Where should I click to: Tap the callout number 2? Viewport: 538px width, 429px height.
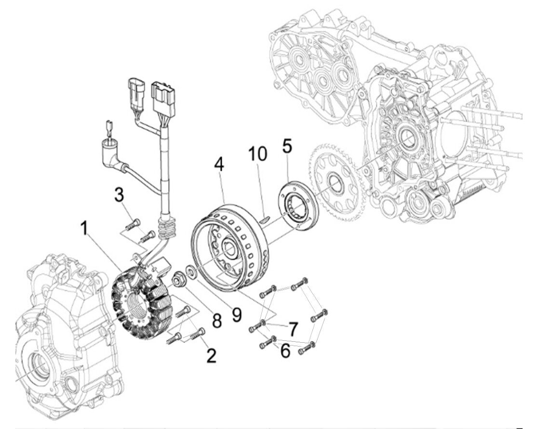tap(210, 355)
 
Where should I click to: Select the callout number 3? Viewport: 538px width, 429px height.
tap(119, 196)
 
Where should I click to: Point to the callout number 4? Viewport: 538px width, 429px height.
tap(219, 164)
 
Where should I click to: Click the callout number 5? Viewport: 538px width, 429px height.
tap(287, 147)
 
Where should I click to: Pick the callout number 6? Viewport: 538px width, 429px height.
tap(285, 350)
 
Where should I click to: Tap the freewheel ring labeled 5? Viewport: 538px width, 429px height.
tap(294, 202)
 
